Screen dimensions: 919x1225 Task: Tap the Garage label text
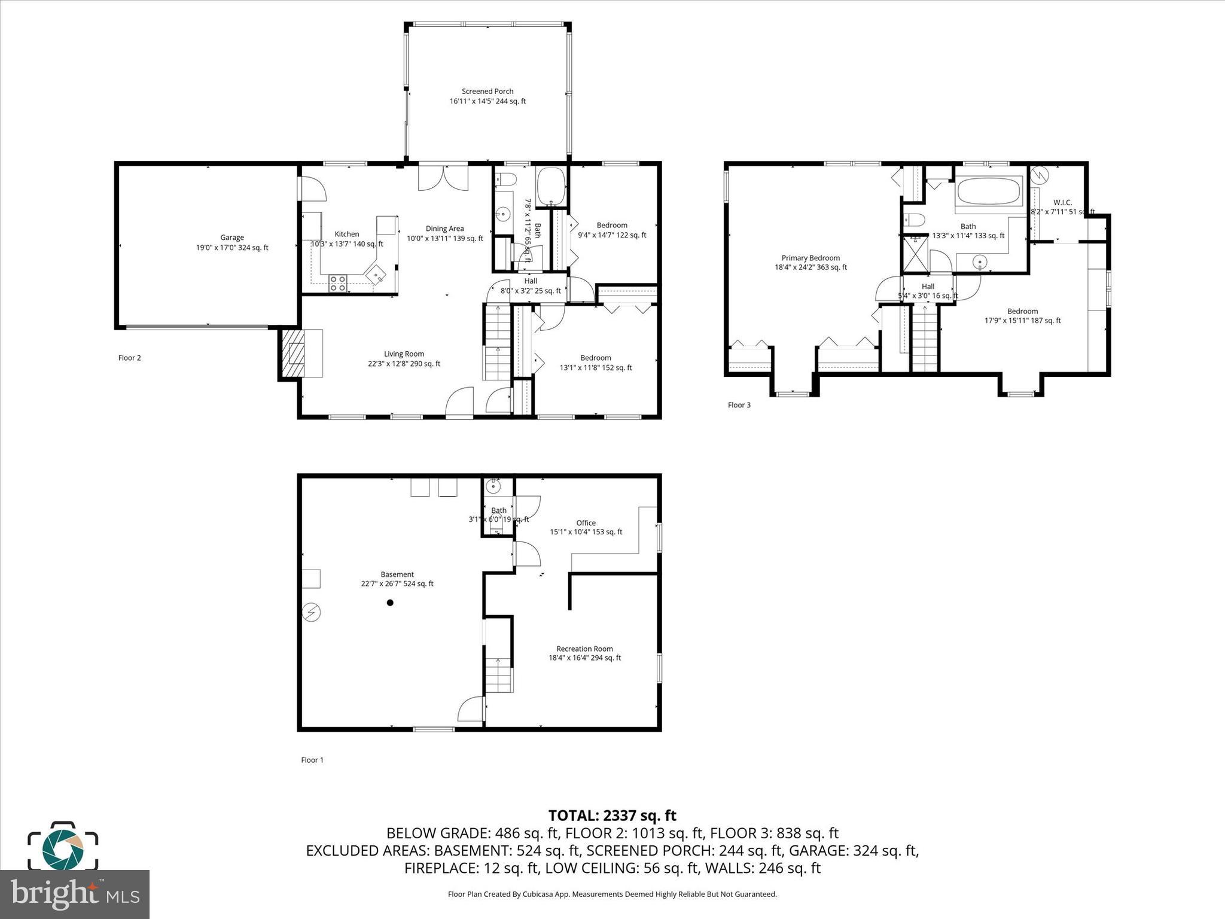coord(232,238)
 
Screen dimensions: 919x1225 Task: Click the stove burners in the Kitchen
coord(337,283)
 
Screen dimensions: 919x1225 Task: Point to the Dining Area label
coord(444,229)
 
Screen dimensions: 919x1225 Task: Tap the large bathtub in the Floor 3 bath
coord(989,192)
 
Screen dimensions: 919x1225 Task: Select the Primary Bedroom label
coord(810,258)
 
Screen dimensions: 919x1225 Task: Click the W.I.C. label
coord(1062,202)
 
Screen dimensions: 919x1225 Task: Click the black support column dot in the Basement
coord(390,602)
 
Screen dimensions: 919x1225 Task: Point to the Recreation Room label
coord(584,649)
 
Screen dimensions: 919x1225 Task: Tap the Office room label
coord(586,523)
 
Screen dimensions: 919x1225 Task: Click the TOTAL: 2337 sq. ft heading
coord(612,815)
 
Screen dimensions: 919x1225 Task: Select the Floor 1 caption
coord(312,760)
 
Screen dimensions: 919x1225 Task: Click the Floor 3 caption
coord(739,405)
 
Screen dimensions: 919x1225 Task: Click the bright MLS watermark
coord(75,894)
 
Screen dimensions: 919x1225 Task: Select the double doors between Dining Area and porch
coord(443,178)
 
